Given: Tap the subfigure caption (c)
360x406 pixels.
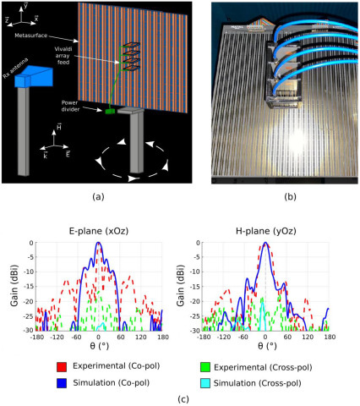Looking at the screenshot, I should click(x=179, y=397).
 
